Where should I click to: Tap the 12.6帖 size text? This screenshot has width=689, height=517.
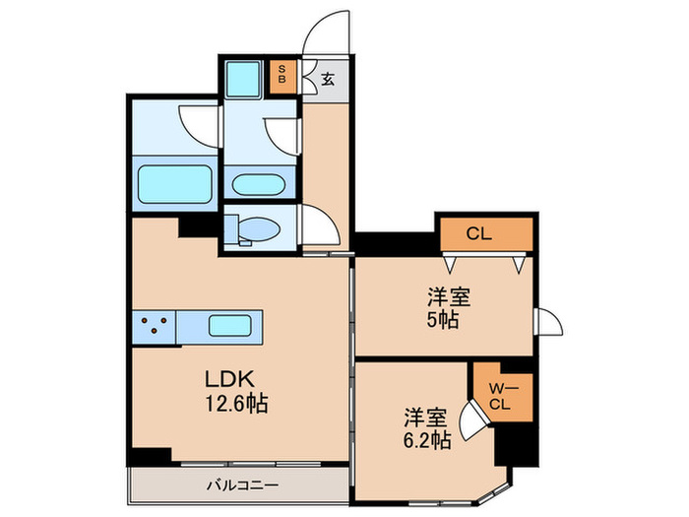pos(236,402)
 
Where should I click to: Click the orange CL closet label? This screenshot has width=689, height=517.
pos(478,234)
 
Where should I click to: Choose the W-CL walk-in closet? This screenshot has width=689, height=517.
pos(498,396)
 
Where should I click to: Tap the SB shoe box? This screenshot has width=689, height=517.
pos(283,76)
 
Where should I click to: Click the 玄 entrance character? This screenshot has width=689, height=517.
pos(327,79)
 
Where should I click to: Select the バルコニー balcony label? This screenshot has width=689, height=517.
pos(242,485)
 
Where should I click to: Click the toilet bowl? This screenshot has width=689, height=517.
pos(258,229)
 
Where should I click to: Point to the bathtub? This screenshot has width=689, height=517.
pos(174,185)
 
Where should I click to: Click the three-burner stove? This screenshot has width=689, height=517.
pos(154,324)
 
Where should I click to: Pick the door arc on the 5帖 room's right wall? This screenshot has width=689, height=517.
pos(544,322)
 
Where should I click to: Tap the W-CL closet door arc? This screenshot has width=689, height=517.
pos(474,421)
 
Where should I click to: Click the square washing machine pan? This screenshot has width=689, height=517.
pos(241,78)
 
